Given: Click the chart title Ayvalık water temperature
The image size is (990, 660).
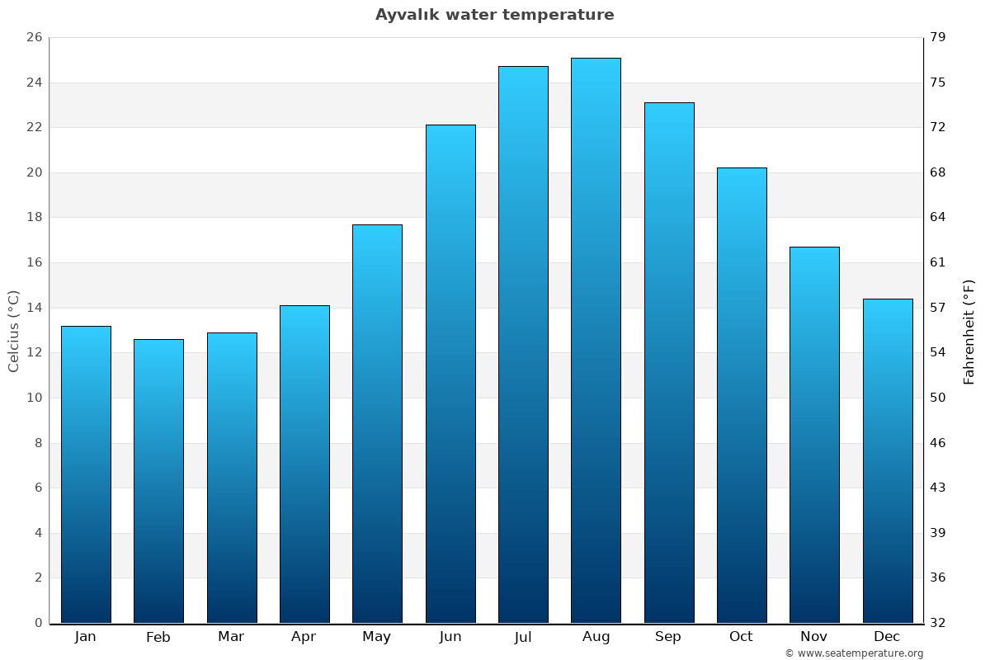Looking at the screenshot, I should tap(494, 15).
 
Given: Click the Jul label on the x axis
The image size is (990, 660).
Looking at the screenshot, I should tap(523, 637).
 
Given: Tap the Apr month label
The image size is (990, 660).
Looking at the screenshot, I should tap(304, 637).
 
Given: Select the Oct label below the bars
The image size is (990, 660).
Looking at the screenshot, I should tap(741, 637).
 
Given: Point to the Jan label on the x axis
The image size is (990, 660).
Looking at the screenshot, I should tap(85, 637).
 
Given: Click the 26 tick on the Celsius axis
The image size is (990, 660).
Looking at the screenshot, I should tap(34, 38).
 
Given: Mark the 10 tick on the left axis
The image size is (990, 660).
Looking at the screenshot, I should tap(34, 398).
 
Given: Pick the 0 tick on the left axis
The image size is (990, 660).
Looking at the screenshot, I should tap(38, 623).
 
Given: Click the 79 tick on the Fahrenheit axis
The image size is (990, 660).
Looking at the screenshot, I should tap(938, 38).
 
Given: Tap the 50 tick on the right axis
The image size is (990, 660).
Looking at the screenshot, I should tap(938, 398).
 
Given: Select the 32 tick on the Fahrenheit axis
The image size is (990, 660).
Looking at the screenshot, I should tap(938, 623).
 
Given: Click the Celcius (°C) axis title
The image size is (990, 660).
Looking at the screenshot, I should tap(14, 331).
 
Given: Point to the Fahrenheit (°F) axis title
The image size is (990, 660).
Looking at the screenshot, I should tap(969, 331).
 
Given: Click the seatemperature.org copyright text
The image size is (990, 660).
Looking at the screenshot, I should tap(854, 653).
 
